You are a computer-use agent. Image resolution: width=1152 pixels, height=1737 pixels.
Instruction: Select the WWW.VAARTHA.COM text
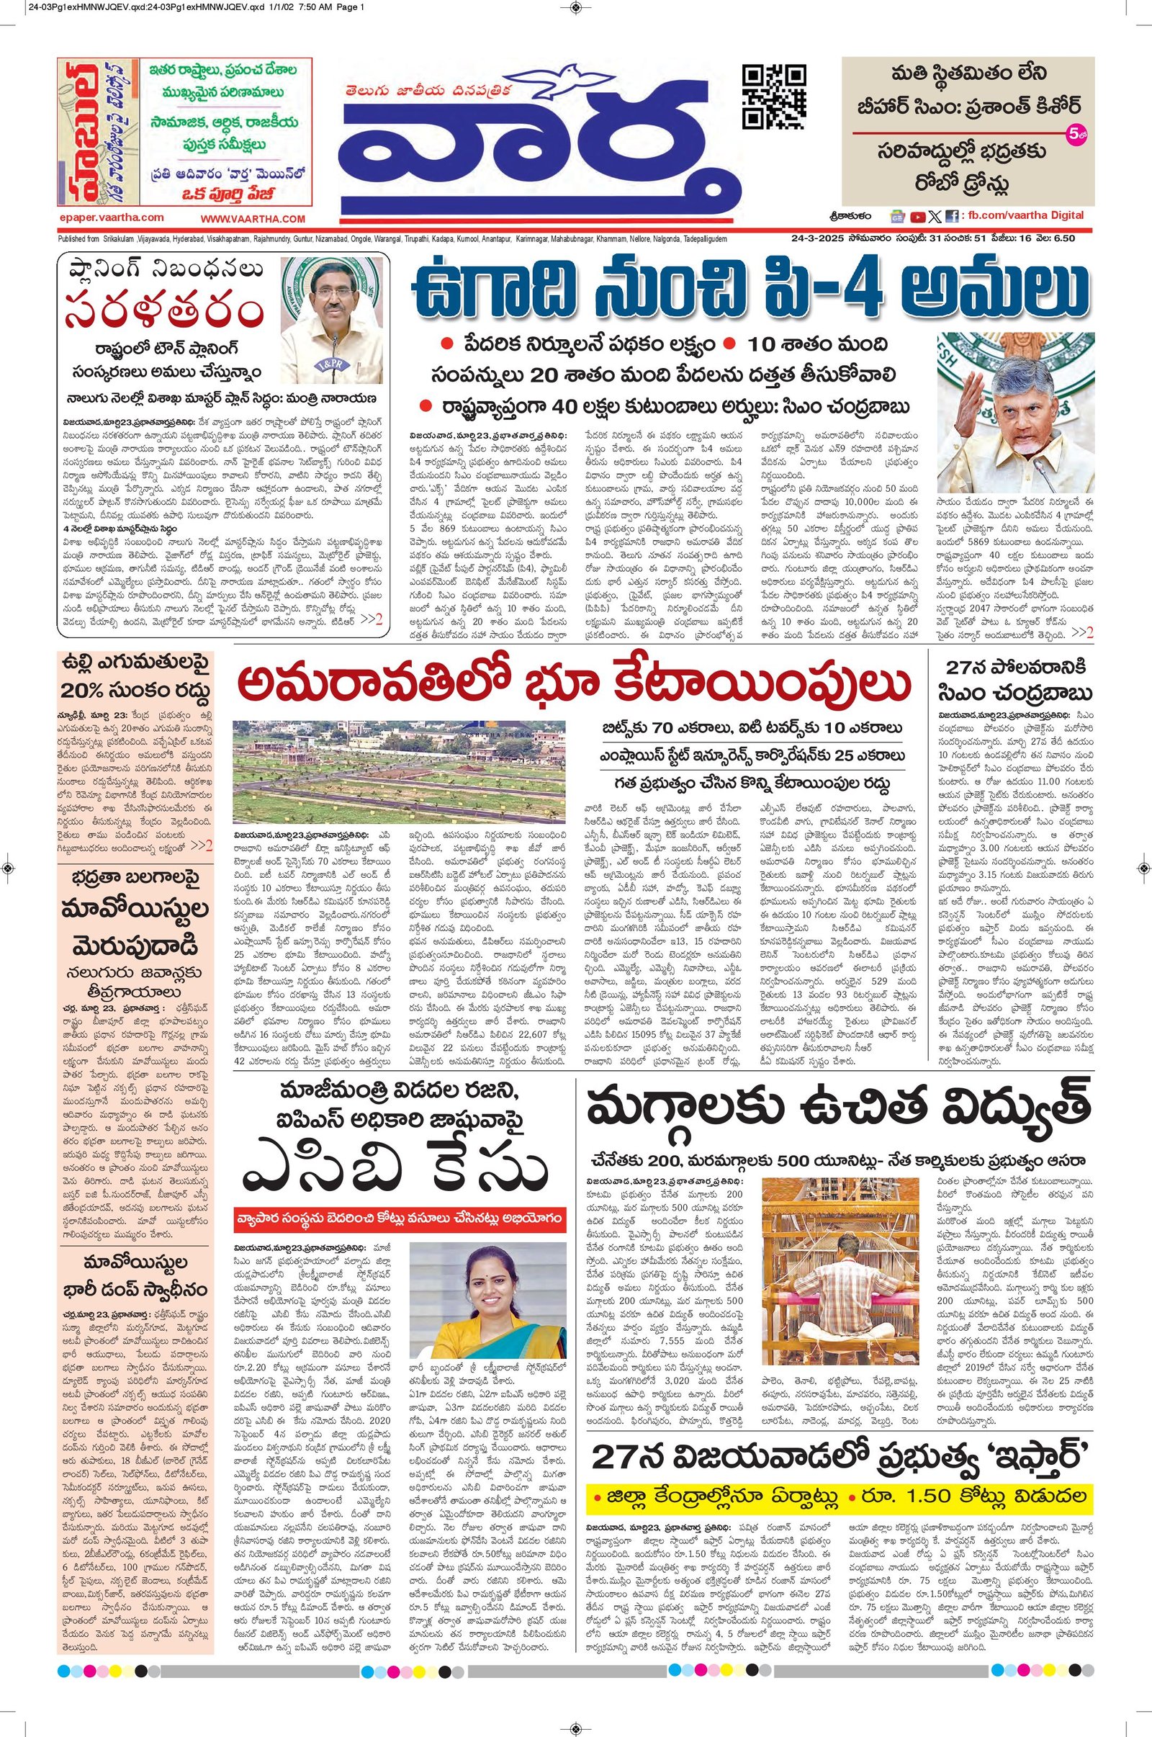[x=252, y=219]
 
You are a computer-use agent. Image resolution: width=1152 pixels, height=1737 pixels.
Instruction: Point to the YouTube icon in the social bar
[x=917, y=217]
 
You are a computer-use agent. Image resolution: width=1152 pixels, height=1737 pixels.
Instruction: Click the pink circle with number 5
[x=1074, y=135]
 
